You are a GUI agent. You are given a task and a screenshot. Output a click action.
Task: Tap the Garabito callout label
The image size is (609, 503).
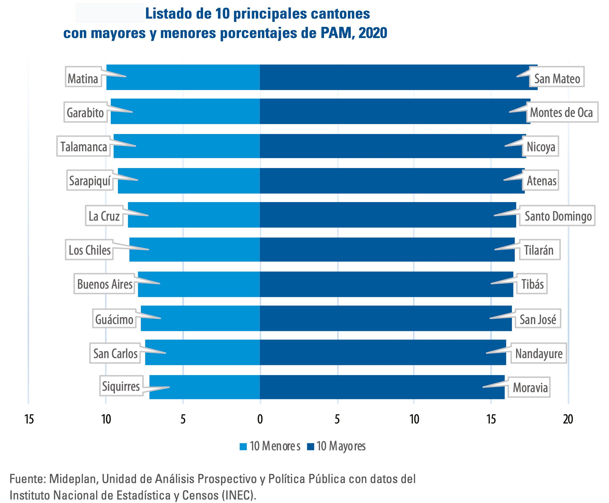(x=85, y=112)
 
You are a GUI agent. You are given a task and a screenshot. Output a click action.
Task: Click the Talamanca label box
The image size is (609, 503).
(x=84, y=146)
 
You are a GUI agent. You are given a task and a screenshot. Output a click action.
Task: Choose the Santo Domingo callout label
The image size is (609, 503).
(x=558, y=216)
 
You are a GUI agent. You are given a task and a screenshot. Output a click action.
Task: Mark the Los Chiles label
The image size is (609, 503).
(x=89, y=250)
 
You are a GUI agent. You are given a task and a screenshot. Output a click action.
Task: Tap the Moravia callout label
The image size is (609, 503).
(x=530, y=387)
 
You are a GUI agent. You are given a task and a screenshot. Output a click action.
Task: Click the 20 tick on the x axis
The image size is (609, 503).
(x=568, y=419)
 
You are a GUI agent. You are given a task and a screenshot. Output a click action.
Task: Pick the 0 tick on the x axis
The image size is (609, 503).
(x=260, y=419)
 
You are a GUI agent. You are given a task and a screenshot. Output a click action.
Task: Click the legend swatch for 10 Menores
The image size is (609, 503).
(x=243, y=447)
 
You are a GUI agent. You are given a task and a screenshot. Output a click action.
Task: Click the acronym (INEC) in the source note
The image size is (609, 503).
(x=239, y=495)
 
